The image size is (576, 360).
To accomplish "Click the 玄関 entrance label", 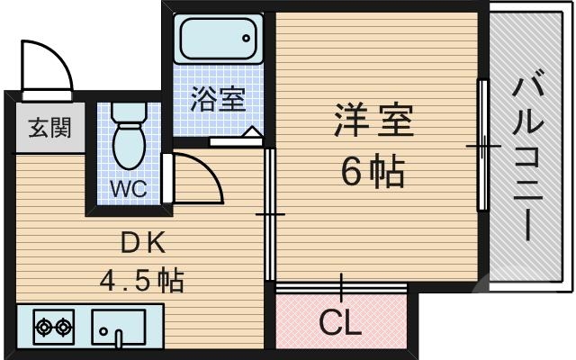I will click(x=42, y=129).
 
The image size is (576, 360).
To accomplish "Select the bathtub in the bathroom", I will click(x=217, y=40).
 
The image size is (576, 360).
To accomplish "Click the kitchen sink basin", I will click(x=119, y=326).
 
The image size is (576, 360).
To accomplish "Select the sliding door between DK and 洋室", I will click(x=270, y=214).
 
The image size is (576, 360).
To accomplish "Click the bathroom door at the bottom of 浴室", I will click(x=236, y=139).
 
